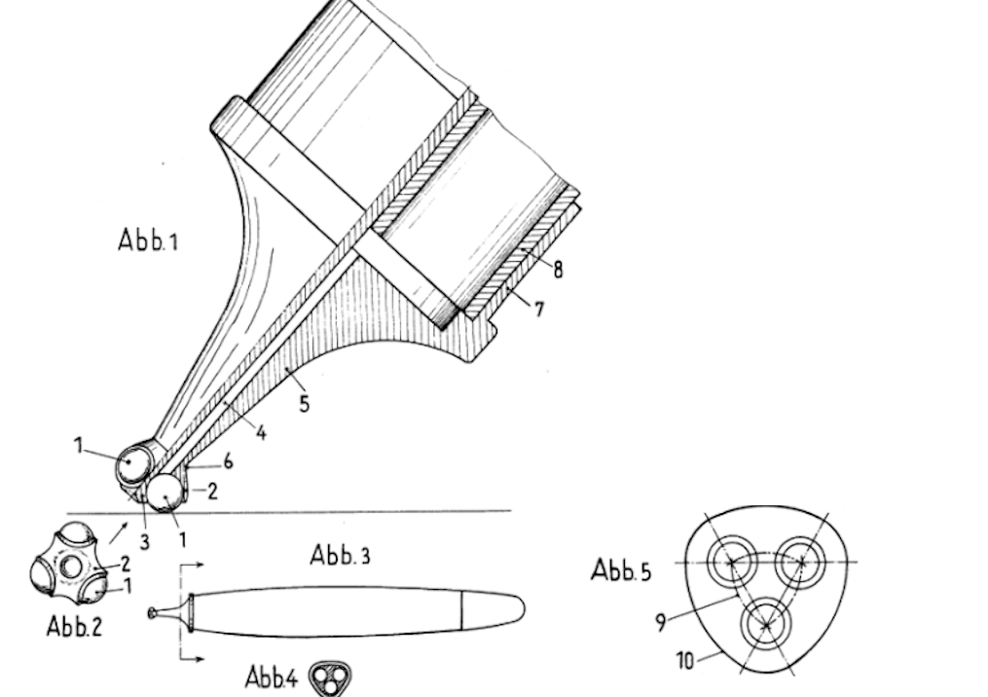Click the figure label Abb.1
click(x=148, y=240)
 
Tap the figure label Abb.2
click(x=74, y=626)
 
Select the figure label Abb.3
click(x=341, y=555)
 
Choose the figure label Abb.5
click(x=621, y=570)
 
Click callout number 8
click(x=558, y=270)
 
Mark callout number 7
click(x=538, y=310)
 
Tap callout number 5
click(x=305, y=403)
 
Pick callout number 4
click(x=261, y=432)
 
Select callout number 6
click(x=228, y=462)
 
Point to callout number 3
click(x=145, y=541)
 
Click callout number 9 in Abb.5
click(x=660, y=623)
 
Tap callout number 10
click(x=685, y=660)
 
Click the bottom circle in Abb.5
click(x=765, y=625)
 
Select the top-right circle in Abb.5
click(x=800, y=562)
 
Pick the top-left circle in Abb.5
click(x=732, y=562)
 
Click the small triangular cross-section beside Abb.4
click(x=330, y=679)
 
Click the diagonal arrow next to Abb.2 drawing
click(x=118, y=532)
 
